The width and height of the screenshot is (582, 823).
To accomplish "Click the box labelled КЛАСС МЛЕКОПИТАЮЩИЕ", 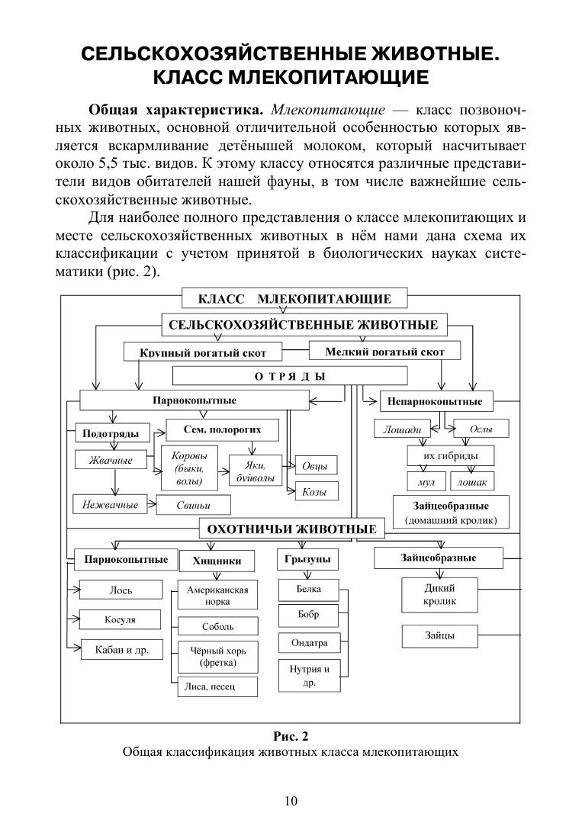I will (294, 299).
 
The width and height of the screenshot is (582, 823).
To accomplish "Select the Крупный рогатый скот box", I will (203, 352).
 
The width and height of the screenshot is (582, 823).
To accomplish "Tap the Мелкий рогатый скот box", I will (384, 351).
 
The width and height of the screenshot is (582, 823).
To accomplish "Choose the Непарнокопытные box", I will (436, 400).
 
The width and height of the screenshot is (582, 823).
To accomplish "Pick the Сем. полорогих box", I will (222, 430).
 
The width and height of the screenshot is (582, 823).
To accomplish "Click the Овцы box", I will (315, 465).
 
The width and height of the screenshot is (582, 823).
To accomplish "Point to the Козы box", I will (315, 492).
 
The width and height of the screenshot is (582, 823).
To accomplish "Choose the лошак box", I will (474, 482).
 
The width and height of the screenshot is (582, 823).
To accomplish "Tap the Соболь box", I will (217, 626).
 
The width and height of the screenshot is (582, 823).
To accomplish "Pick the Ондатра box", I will (309, 643).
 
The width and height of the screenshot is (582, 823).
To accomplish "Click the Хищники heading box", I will (217, 561).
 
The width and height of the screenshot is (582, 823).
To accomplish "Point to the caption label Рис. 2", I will (290, 736).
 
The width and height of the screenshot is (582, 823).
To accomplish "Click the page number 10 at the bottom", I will (291, 800).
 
